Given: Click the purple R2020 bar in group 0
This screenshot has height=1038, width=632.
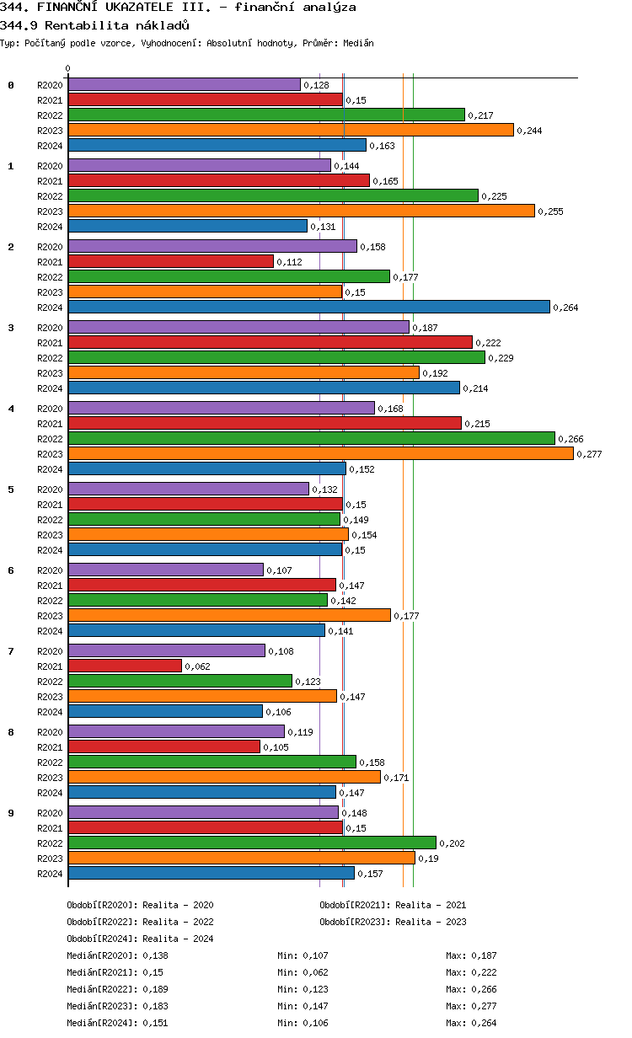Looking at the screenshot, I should pos(184,84).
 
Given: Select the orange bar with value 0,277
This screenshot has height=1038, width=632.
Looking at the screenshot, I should pos(320,453).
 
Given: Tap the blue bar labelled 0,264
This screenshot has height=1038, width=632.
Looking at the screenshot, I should pos(308,307).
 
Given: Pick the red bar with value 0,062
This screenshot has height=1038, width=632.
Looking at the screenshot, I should pos(125,666).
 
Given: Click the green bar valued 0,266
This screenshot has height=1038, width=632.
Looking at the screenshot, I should pos(311,438).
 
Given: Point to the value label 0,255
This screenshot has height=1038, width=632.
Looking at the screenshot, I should pos(550,211).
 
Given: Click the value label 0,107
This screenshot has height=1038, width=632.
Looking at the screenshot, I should pos(279,570).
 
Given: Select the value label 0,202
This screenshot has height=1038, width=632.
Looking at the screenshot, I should pos(452,843).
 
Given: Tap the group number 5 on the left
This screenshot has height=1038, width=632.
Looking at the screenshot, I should pos(11,490).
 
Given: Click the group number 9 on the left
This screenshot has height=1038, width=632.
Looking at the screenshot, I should pos(11,813).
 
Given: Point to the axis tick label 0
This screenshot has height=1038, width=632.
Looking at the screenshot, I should pos(68,69).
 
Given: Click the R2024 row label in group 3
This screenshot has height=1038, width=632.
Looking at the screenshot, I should pos(50,388).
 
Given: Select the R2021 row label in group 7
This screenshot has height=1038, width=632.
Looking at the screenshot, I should pos(50,666).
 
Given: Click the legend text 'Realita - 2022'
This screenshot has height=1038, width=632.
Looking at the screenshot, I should pos(178,922).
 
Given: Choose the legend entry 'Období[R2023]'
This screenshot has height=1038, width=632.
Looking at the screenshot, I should pos(355,922).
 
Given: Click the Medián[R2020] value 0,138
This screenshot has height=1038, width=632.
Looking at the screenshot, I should pos(155,955).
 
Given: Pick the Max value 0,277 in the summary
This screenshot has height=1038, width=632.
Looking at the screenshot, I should pos(484,1006).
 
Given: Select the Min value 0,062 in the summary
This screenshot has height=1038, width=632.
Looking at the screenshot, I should pos(315,972).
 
